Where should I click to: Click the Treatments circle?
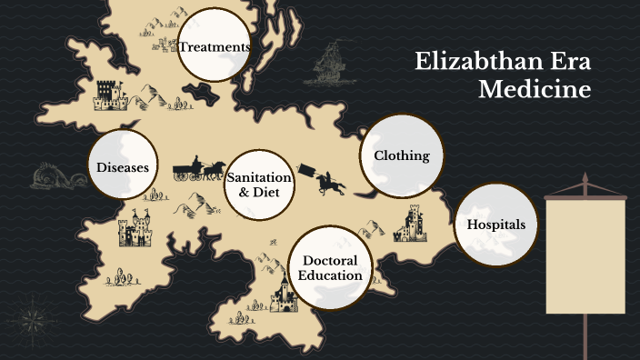pos(215,46)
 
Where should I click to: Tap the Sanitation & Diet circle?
pos(261,185)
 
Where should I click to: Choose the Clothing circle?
pos(402,155)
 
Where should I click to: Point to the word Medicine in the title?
pos(535,90)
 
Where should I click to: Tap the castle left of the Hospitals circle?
pos(412,224)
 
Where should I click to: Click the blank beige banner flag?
pos(585,255)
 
